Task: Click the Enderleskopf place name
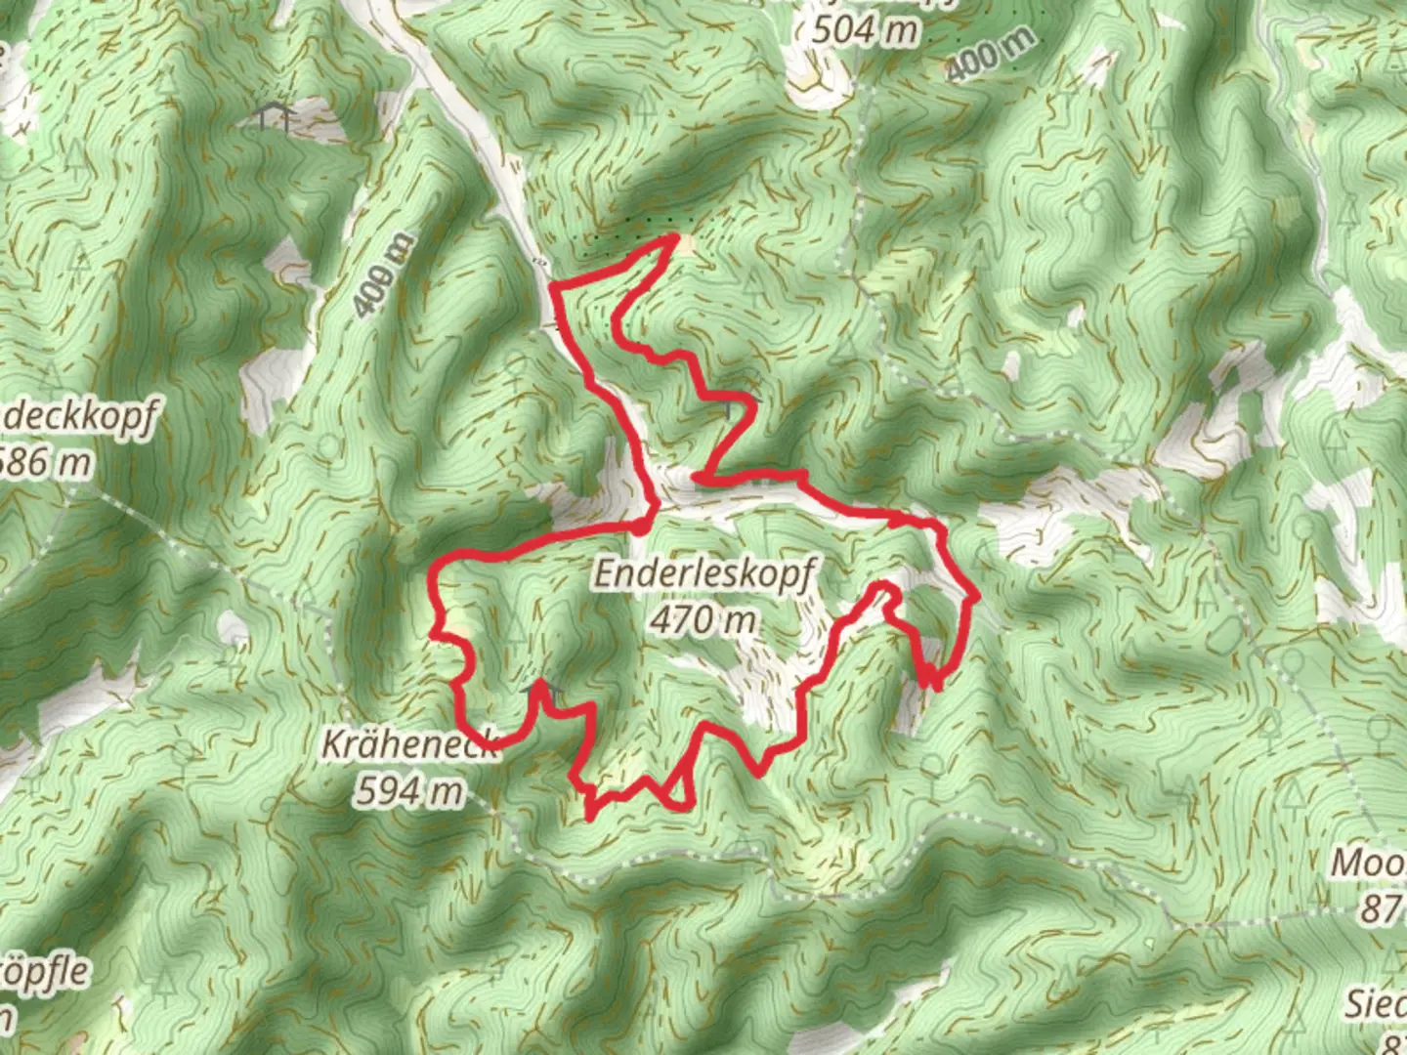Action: pos(703,574)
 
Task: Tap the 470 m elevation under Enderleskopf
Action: pos(703,619)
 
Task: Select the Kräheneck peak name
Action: pos(410,745)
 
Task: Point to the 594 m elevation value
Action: pos(409,790)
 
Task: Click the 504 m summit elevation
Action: pos(866,30)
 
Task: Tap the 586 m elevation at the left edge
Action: pos(45,461)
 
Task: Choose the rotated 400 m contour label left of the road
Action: pos(382,275)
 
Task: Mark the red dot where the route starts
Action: pos(639,527)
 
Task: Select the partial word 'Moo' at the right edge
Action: pos(1368,863)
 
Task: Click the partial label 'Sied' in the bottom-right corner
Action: pos(1375,1002)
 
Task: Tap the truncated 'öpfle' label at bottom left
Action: pos(44,973)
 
